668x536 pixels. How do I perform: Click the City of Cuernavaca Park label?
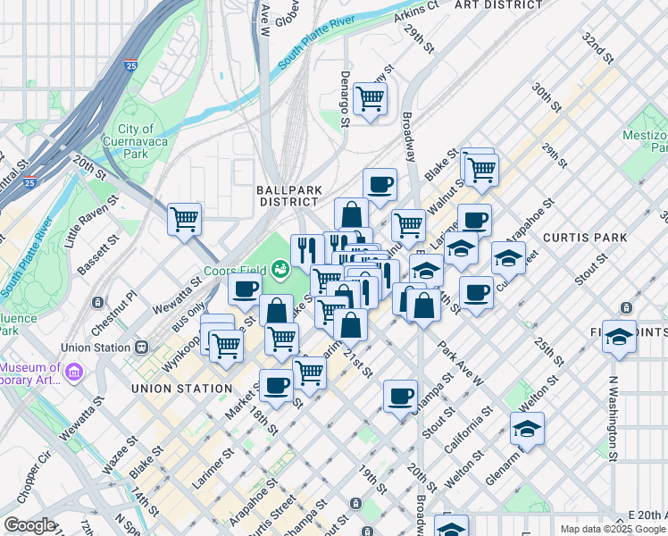(x=136, y=141)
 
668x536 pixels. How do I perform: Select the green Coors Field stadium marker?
(x=280, y=265)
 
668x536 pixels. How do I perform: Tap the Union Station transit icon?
(x=140, y=347)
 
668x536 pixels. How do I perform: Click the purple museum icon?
(x=74, y=370)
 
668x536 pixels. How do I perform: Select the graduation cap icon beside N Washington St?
(x=619, y=336)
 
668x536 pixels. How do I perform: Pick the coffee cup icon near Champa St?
(x=400, y=395)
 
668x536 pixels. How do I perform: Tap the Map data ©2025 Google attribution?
(x=612, y=529)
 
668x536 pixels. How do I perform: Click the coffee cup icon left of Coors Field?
(x=245, y=288)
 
